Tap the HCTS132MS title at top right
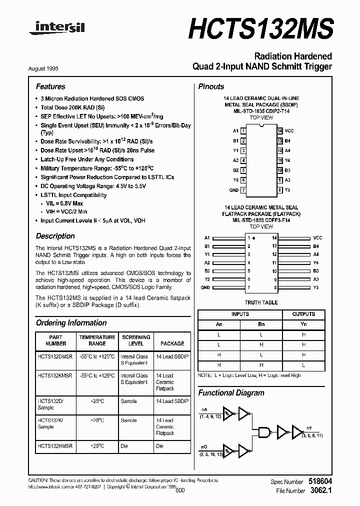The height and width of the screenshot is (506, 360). (260, 27)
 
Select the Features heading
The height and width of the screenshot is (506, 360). (50, 86)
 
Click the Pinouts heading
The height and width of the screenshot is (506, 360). (211, 86)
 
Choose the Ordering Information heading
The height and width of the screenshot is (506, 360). (71, 323)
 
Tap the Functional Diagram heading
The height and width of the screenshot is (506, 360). (230, 392)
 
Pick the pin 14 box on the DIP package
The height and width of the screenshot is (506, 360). (280, 130)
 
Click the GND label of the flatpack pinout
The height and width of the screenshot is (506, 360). (205, 288)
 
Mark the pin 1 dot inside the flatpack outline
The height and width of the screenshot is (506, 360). (254, 238)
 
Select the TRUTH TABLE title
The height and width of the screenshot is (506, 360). (261, 303)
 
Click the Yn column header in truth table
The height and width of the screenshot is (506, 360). (303, 324)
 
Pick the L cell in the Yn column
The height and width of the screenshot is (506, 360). (303, 365)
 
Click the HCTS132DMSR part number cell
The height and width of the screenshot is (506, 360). (55, 356)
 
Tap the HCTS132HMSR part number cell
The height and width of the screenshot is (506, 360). (55, 445)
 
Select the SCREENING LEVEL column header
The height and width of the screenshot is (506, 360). (135, 340)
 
